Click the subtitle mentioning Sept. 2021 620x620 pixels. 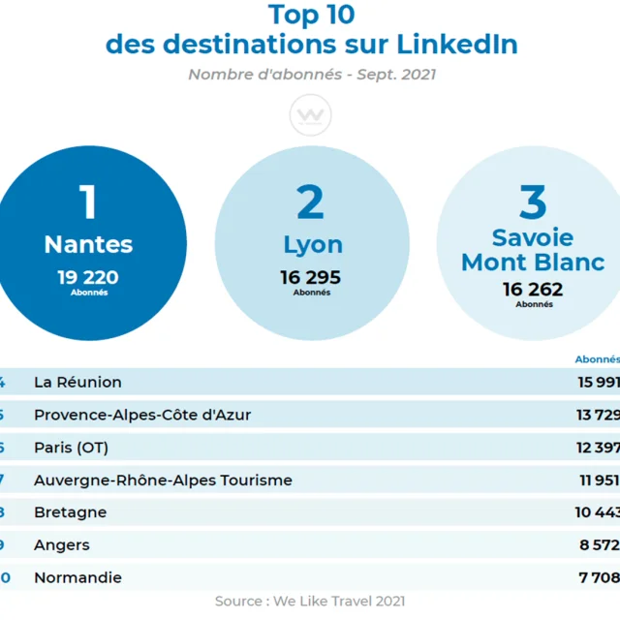pos(311,75)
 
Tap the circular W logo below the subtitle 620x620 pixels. pos(311,117)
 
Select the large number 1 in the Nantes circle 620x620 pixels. pos(88,202)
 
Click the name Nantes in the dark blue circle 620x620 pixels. pos(88,245)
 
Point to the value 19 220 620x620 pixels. pos(88,278)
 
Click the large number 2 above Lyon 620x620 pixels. pos(311,202)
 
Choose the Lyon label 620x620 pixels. pos(312,246)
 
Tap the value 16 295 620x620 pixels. pos(311,278)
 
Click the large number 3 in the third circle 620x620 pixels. pos(533,202)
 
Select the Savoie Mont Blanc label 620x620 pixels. pos(532,250)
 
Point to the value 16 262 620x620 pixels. pos(533,290)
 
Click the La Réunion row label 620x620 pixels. pos(77,382)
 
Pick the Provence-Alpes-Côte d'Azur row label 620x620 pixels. pos(142,415)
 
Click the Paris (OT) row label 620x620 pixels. pos(71,448)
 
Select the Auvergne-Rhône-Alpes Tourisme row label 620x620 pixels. pos(163,480)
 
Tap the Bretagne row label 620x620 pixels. pos(70,512)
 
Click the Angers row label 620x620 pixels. pos(62,545)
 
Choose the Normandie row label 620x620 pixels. pos(77,578)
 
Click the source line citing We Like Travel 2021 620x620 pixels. pos(310,602)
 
